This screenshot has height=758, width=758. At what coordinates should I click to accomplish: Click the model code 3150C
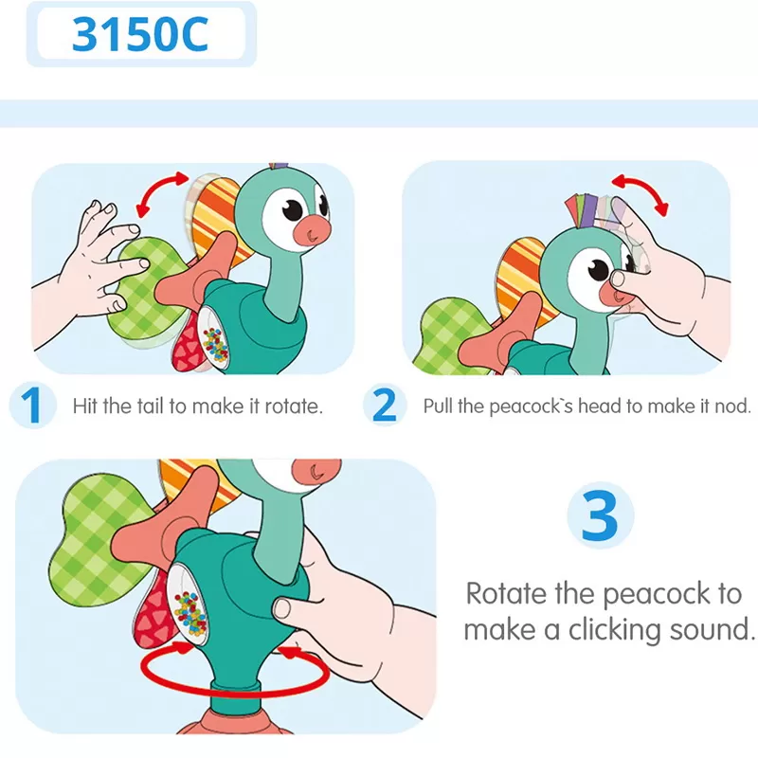pyautogui.click(x=140, y=35)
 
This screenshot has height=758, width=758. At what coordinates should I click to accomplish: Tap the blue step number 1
pyautogui.click(x=31, y=406)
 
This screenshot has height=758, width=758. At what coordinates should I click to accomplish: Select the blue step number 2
pyautogui.click(x=385, y=406)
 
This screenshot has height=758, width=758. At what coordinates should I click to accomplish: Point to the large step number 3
pyautogui.click(x=599, y=516)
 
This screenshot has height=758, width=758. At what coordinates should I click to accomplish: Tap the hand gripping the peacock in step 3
pyautogui.click(x=355, y=587)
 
